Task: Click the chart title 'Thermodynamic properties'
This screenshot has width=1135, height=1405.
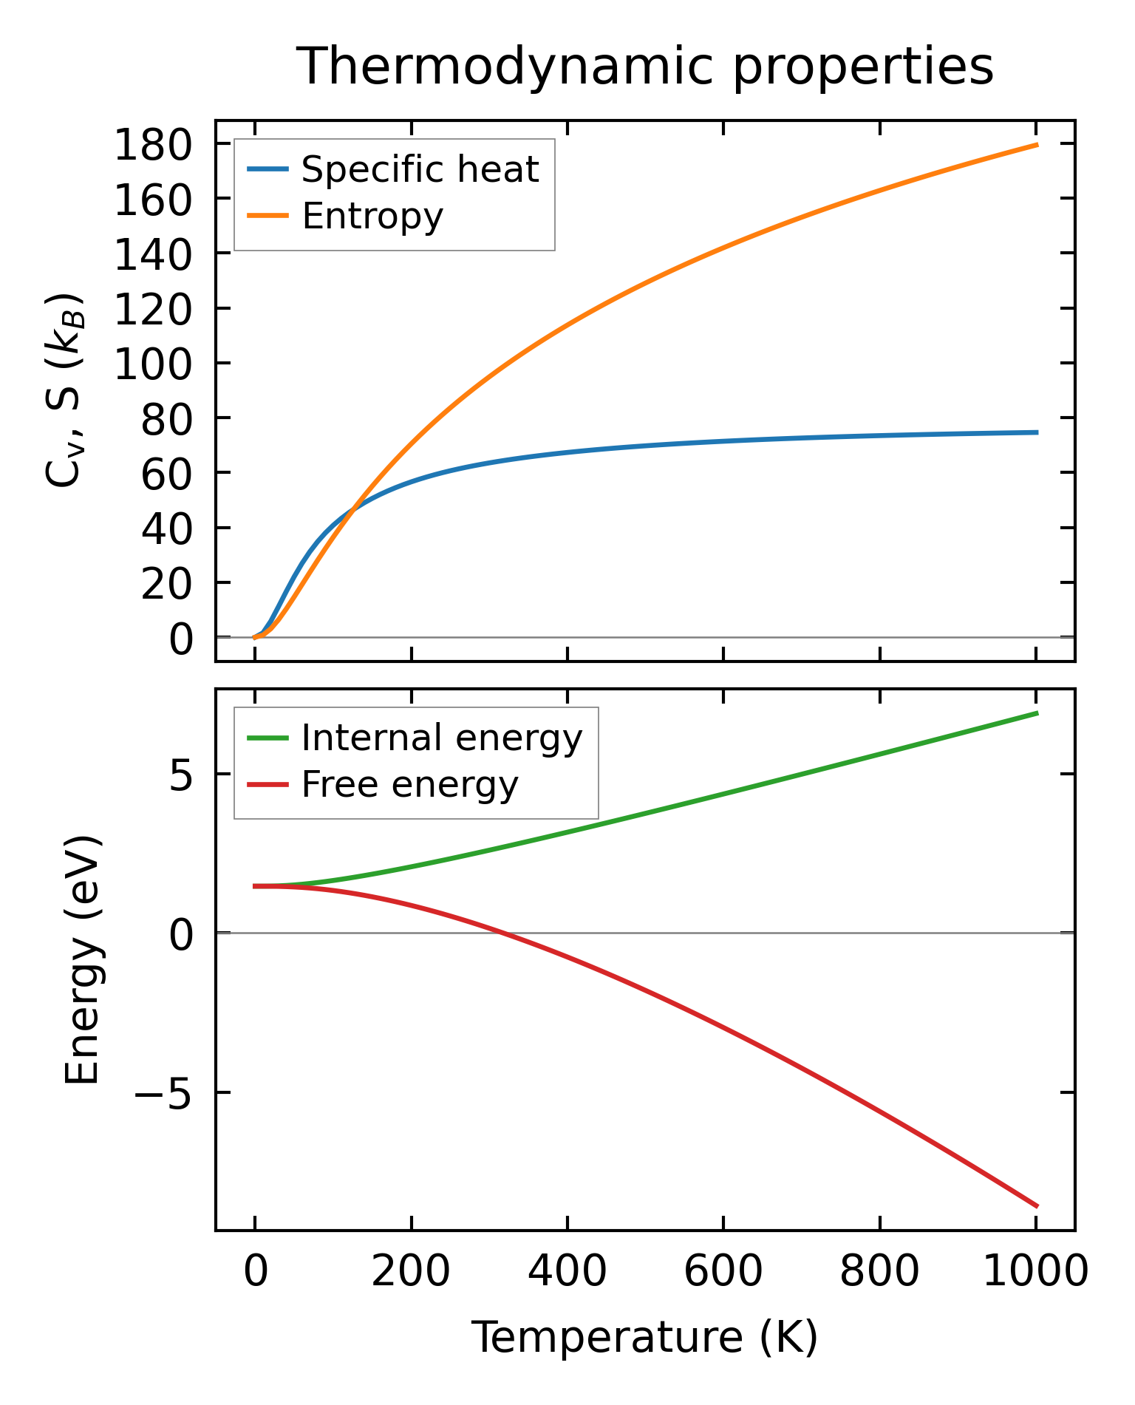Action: point(644,67)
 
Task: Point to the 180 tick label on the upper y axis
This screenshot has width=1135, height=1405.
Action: point(153,145)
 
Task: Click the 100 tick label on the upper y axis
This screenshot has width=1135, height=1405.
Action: point(153,364)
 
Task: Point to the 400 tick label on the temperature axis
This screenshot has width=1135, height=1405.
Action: point(567,1273)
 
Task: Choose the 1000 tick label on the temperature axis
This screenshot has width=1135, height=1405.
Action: point(1036,1273)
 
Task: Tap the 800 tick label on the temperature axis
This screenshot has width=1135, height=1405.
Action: point(879,1273)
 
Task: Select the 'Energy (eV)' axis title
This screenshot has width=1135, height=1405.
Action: point(82,960)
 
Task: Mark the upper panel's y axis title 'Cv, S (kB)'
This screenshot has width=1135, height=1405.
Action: point(65,392)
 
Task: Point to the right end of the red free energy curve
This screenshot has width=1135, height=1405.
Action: point(1037,1207)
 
